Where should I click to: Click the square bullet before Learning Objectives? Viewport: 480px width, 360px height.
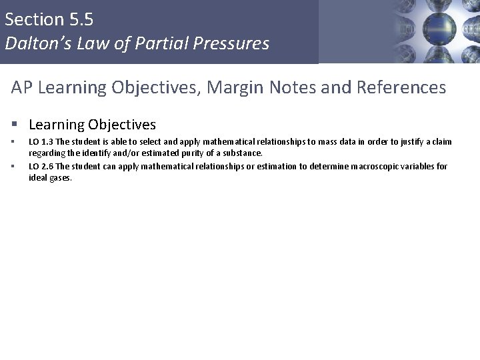(15, 125)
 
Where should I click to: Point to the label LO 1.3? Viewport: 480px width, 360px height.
(41, 141)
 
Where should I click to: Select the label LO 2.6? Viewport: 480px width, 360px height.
(41, 166)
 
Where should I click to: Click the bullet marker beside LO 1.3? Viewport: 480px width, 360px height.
(13, 141)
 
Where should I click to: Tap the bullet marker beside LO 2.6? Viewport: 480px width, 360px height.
(13, 166)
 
